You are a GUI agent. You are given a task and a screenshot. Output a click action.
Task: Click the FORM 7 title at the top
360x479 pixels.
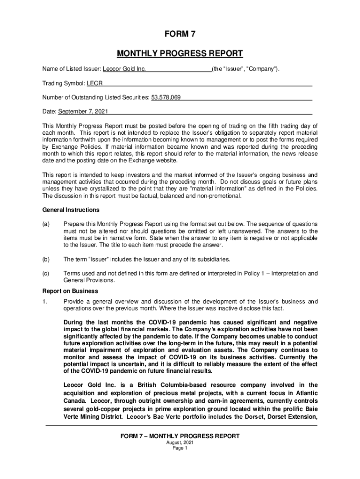180,35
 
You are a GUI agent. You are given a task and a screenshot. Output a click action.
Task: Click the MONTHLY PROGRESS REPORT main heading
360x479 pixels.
180,53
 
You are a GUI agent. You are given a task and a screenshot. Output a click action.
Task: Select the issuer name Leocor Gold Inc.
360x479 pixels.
124,70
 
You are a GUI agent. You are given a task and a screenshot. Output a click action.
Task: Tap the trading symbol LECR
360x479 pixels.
94,84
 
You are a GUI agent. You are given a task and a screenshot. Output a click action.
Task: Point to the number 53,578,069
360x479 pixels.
166,98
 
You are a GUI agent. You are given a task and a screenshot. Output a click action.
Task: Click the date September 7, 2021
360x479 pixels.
82,112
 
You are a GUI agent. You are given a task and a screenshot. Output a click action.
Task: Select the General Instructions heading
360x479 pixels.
71,210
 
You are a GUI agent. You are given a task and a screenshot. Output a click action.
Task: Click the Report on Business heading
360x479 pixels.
70,291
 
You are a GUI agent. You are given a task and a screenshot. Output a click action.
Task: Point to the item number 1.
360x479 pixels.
44,301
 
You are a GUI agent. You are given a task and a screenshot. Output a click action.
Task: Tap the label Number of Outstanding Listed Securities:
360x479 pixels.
95,98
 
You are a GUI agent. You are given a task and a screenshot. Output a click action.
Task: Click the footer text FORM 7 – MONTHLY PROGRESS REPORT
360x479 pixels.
180,436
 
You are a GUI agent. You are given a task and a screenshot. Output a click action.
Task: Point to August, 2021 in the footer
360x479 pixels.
180,443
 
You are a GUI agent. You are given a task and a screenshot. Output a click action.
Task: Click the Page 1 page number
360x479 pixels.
180,448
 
